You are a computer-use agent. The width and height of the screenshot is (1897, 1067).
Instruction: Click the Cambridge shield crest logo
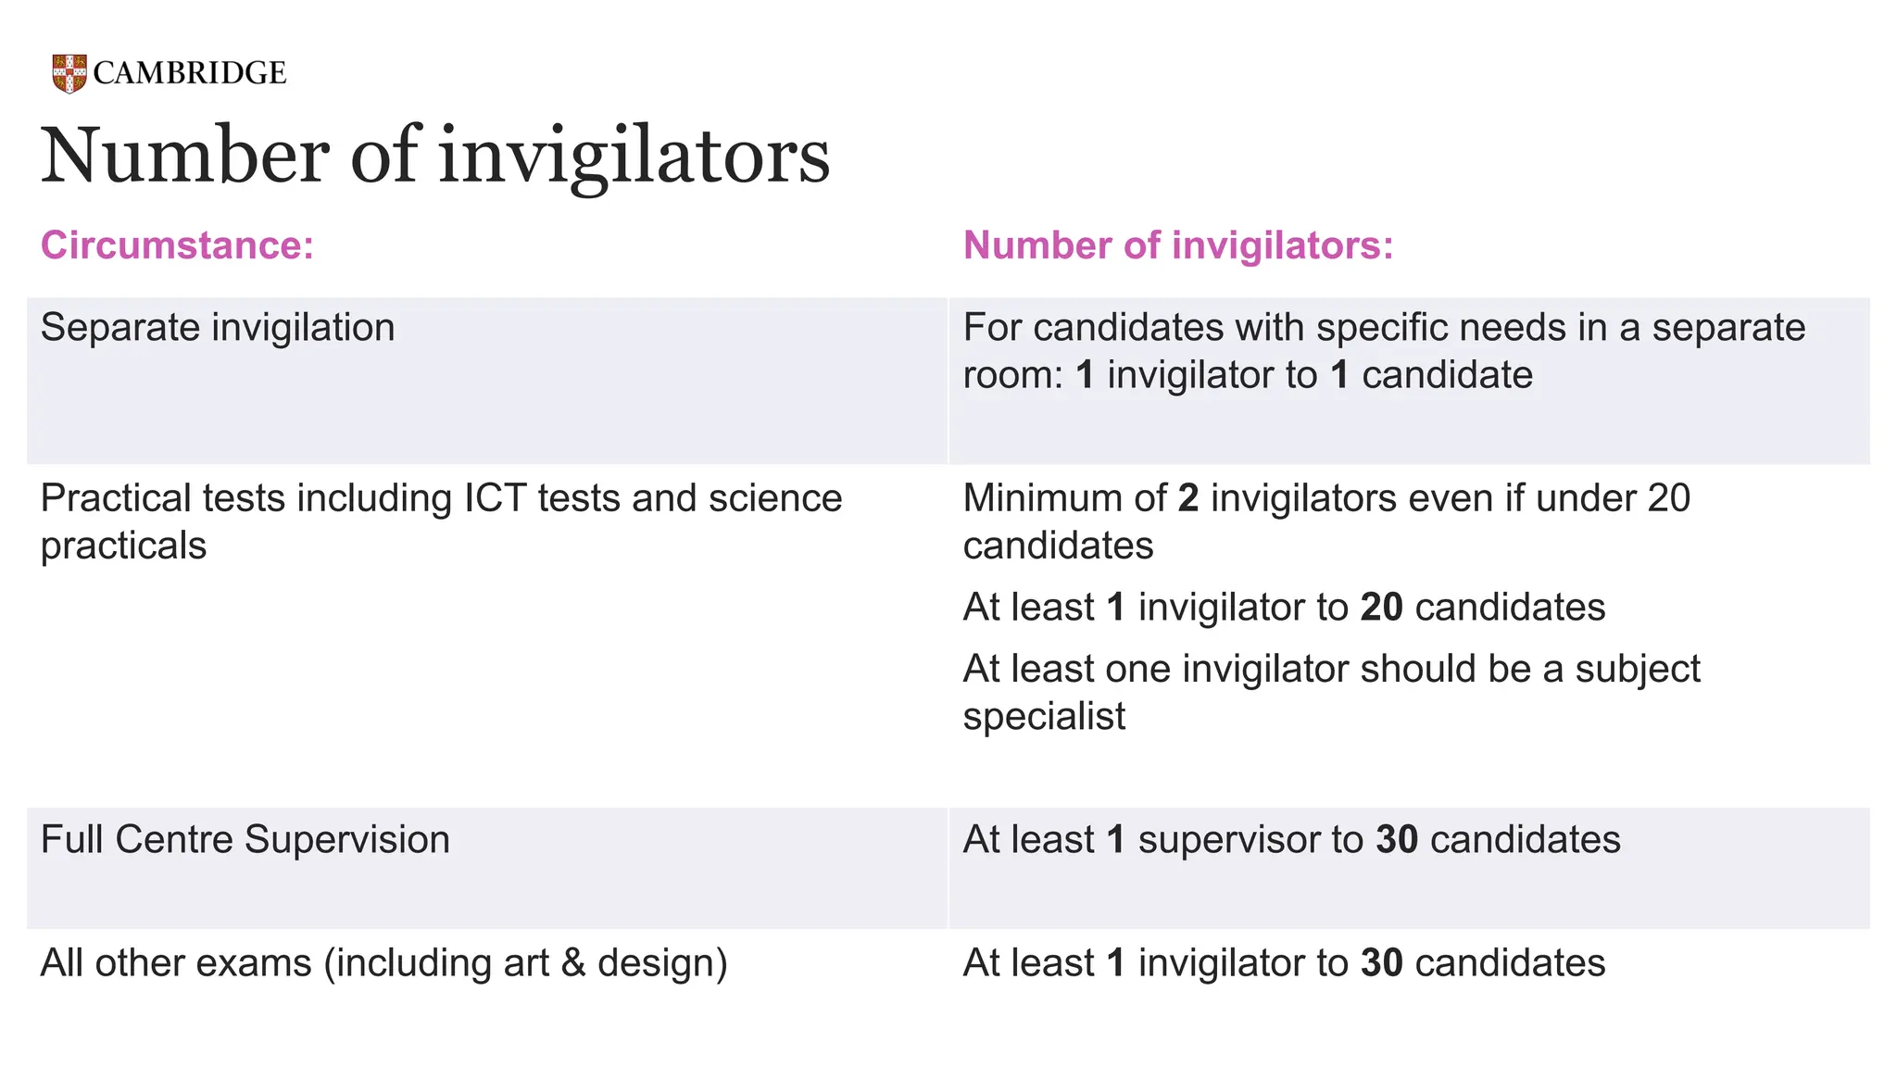coord(69,73)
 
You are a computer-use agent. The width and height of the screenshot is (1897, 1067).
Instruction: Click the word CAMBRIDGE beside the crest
coord(190,73)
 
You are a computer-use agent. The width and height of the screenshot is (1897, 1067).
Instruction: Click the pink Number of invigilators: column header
coord(1178,245)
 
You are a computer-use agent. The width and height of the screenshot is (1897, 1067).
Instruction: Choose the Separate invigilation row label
coord(218,328)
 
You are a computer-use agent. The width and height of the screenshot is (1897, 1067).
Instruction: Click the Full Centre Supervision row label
coord(245,840)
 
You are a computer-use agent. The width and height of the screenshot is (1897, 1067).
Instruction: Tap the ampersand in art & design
coord(573,963)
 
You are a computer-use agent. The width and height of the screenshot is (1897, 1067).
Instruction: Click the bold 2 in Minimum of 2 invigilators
coord(1188,498)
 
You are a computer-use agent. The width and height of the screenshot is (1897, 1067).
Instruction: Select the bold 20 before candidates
coord(1381,608)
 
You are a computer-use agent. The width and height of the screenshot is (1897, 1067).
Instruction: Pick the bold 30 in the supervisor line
coord(1397,840)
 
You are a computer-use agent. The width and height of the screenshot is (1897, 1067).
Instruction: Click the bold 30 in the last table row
coord(1381,963)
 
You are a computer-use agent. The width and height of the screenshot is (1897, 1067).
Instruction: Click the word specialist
coord(1044,717)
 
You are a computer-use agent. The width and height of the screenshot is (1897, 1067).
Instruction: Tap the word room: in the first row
coord(1012,376)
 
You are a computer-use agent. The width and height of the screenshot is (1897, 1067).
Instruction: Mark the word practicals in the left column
coord(123,546)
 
